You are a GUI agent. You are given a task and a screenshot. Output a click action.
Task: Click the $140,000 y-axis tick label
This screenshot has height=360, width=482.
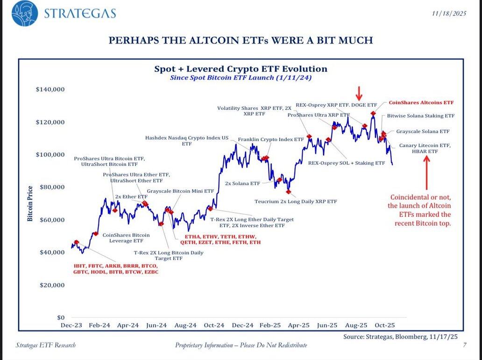tap(50, 89)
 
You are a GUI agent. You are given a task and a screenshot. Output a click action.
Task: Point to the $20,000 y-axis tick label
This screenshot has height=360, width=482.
tap(51, 285)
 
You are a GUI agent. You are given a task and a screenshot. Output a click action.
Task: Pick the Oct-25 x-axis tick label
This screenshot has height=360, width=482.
tap(385, 325)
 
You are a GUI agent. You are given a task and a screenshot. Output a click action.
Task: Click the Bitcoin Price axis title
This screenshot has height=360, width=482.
tap(30, 203)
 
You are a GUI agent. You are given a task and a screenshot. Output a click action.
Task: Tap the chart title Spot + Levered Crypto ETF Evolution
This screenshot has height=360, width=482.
tap(241, 69)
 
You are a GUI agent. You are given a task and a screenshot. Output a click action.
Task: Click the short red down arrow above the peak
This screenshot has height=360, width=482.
tap(359, 92)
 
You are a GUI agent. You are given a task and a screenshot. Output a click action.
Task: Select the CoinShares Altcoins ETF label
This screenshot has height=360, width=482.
tap(421, 102)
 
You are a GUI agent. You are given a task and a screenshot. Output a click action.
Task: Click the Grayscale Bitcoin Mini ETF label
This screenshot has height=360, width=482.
tap(180, 191)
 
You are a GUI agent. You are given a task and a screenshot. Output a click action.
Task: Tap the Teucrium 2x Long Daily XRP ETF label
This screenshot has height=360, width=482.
tap(296, 202)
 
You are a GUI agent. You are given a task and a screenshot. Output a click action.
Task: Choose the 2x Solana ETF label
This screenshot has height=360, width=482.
tap(242, 184)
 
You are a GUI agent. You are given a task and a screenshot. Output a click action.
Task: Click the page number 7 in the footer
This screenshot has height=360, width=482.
tap(465, 346)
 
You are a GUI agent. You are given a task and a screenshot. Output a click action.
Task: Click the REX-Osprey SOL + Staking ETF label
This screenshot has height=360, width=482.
tap(347, 163)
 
